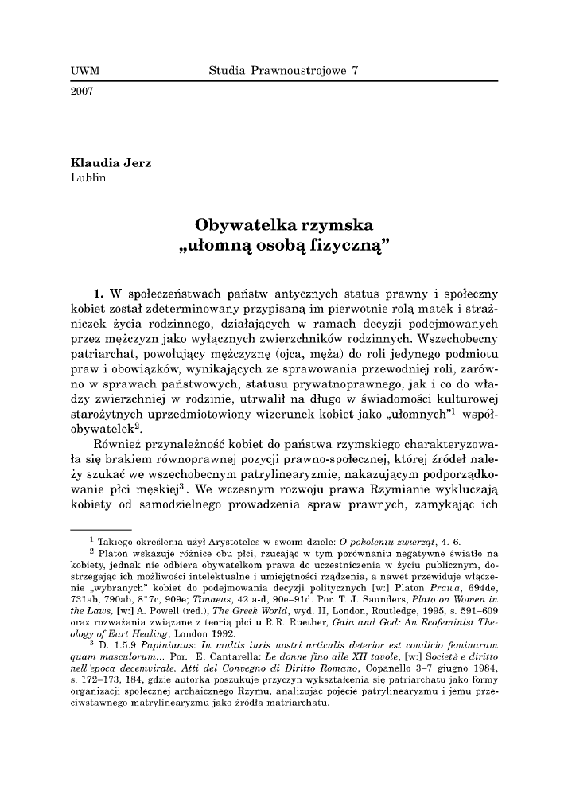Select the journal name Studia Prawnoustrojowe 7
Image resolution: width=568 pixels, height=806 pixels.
284,71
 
